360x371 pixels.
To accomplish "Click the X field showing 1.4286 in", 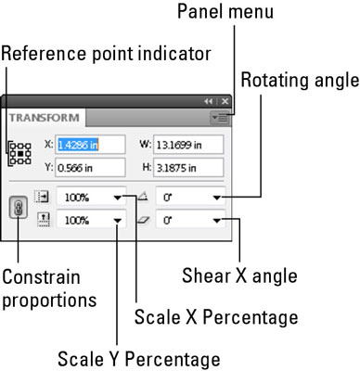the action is coord(90,145).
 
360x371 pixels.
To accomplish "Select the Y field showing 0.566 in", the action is coord(90,168).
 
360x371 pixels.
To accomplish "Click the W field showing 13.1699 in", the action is coord(188,145).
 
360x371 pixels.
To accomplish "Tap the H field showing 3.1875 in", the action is coord(188,168).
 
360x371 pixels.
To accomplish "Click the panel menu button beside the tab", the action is coord(220,118).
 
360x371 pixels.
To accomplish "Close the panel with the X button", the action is coord(225,101).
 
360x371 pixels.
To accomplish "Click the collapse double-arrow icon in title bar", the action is coord(209,101).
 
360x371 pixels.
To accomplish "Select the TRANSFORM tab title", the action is coord(45,118).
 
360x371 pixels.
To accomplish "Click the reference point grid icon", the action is coord(20,153).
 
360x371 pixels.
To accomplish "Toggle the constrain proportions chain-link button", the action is coord(19,208).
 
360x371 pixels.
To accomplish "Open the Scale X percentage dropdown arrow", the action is coord(118,198).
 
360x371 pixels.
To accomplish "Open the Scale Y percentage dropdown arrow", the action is coord(118,221).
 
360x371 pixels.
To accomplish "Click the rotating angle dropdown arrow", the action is coord(217,198).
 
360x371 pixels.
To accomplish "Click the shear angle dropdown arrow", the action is coord(217,221).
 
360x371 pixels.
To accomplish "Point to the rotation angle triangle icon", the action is coord(143,197).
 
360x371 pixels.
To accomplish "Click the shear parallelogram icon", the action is coord(143,220).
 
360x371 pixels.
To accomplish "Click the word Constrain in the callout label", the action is coord(41,276).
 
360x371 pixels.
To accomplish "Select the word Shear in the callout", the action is coord(206,275).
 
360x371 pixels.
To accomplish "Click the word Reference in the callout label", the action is coord(44,53).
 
